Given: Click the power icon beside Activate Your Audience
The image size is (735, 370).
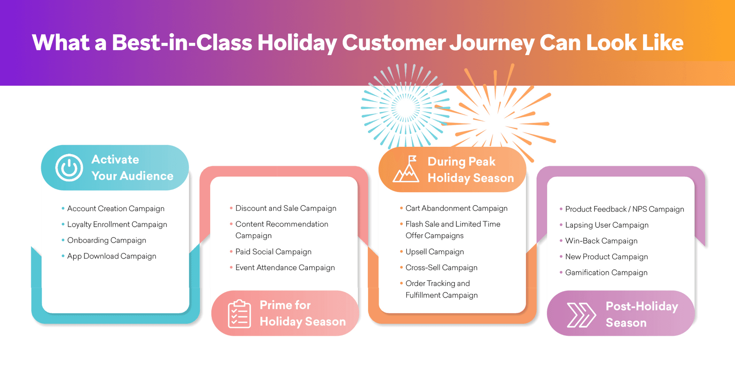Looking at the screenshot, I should tap(69, 168).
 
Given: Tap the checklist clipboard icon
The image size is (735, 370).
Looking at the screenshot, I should tap(239, 314).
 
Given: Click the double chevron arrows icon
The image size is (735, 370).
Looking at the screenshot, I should tap(581, 315).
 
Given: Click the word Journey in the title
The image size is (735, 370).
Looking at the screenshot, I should tap(492, 43).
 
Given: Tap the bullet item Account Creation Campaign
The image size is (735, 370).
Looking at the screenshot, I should tap(116, 209).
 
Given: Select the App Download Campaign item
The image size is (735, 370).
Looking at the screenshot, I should tap(111, 256).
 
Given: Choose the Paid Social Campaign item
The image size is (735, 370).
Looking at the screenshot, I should tap(273, 252).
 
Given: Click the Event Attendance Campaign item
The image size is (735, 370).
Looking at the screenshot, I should tap(285, 268).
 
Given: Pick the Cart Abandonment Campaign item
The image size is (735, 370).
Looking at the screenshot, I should tap(456, 208).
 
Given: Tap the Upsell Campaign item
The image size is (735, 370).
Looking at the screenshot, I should tap(434, 252).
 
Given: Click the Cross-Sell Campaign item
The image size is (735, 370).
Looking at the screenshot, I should tap(441, 268).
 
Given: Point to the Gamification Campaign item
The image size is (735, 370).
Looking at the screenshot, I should tap(606, 273).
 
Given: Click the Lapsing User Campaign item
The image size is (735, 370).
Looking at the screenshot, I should tap(607, 225).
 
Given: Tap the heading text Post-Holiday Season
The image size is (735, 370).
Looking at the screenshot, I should tap(642, 314).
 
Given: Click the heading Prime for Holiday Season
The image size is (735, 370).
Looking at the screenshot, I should tap(302, 313).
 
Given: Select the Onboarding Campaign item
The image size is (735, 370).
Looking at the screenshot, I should tap(106, 240).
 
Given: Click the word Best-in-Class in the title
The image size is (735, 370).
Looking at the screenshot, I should tap(182, 43).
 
